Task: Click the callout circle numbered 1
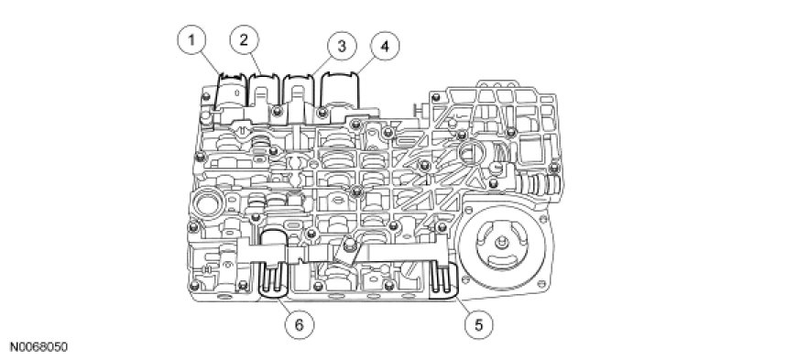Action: click(191, 40)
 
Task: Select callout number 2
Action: click(244, 40)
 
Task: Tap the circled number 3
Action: click(342, 47)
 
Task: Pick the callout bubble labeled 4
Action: click(384, 47)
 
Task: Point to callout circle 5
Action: click(478, 324)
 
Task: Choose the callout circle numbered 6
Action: click(299, 324)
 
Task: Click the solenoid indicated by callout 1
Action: click(231, 92)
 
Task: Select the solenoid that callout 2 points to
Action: click(263, 94)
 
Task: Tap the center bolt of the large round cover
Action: click(502, 244)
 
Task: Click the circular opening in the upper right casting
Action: click(473, 154)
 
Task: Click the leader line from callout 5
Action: click(462, 304)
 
